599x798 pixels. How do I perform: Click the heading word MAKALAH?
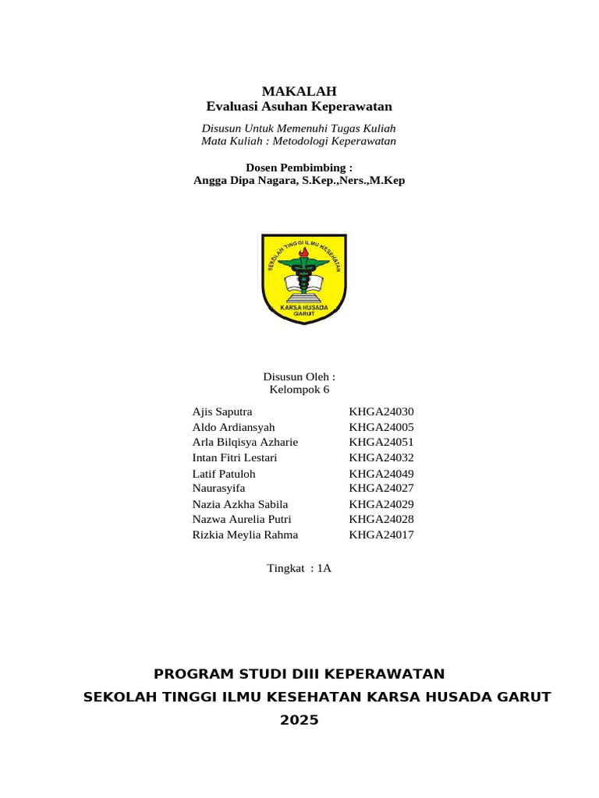299,91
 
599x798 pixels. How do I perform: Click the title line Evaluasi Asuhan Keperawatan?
299,106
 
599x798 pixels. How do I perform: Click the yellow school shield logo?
303,278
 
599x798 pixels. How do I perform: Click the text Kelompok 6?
299,390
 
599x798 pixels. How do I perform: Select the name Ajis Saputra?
222,411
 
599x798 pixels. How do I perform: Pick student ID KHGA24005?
381,428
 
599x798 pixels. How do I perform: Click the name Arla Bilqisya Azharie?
245,443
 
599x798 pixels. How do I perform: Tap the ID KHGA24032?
381,457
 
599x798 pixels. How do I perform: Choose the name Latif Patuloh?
224,474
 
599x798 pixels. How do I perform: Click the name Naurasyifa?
218,489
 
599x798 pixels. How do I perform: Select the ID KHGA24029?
381,504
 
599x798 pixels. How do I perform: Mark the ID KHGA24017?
381,535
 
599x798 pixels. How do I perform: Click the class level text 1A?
324,568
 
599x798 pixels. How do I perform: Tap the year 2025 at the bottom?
299,720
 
